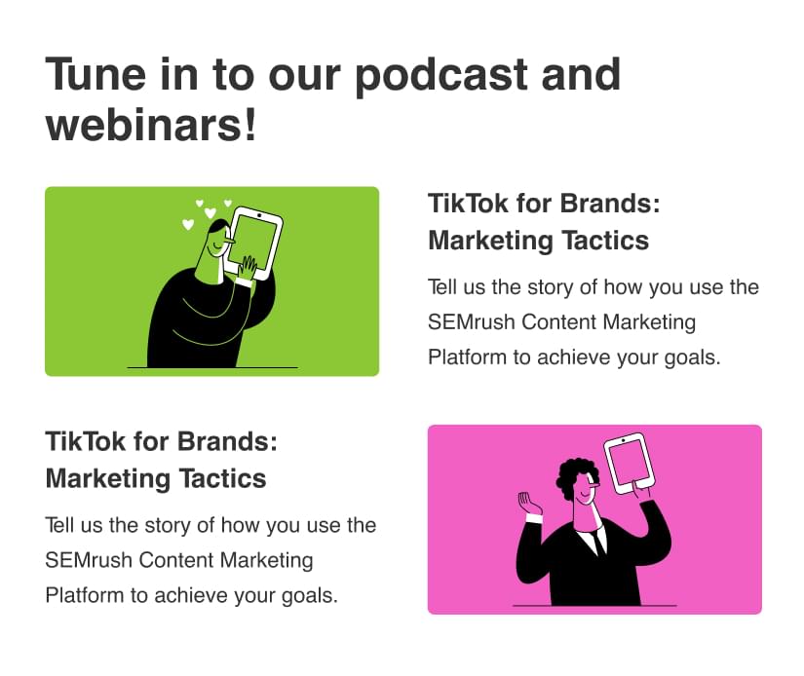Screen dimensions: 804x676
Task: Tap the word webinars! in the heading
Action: pos(151,125)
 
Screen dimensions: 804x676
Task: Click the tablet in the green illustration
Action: pos(254,243)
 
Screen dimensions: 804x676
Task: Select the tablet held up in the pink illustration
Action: pos(631,463)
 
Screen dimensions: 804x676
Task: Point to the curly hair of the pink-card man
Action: pos(573,472)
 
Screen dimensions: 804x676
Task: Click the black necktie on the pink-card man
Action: pos(597,544)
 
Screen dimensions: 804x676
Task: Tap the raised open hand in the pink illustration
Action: pos(528,504)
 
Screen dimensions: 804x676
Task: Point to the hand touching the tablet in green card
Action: pos(249,268)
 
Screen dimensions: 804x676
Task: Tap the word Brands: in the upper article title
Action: pos(610,204)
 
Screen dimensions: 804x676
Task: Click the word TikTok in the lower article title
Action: pos(85,441)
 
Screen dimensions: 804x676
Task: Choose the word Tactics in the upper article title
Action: pos(605,241)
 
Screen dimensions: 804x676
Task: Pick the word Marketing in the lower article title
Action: pos(107,479)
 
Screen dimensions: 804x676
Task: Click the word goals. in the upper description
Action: pos(692,358)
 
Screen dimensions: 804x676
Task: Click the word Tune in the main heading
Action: pos(96,75)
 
